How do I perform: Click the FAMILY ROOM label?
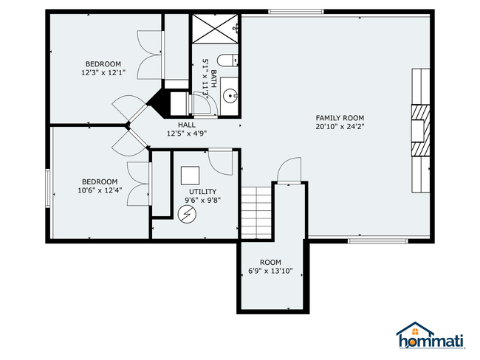click(340, 118)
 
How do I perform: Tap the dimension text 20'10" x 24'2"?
click(340, 126)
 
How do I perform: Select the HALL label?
click(187, 125)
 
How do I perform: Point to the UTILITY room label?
click(202, 192)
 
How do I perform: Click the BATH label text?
click(213, 79)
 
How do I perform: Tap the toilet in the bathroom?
click(227, 60)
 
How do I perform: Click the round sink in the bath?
click(230, 96)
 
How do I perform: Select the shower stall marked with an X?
click(215, 29)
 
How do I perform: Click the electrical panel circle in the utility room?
click(187, 214)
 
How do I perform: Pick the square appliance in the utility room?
click(190, 176)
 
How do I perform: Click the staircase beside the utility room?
click(256, 212)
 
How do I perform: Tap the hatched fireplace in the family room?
click(421, 131)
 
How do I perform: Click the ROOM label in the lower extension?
click(270, 262)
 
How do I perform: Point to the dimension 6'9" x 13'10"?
click(270, 271)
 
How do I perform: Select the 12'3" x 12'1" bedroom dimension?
click(103, 73)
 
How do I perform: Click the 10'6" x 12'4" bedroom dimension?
click(100, 190)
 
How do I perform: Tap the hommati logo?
click(431, 336)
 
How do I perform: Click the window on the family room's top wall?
click(296, 12)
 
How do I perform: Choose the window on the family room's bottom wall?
click(378, 241)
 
